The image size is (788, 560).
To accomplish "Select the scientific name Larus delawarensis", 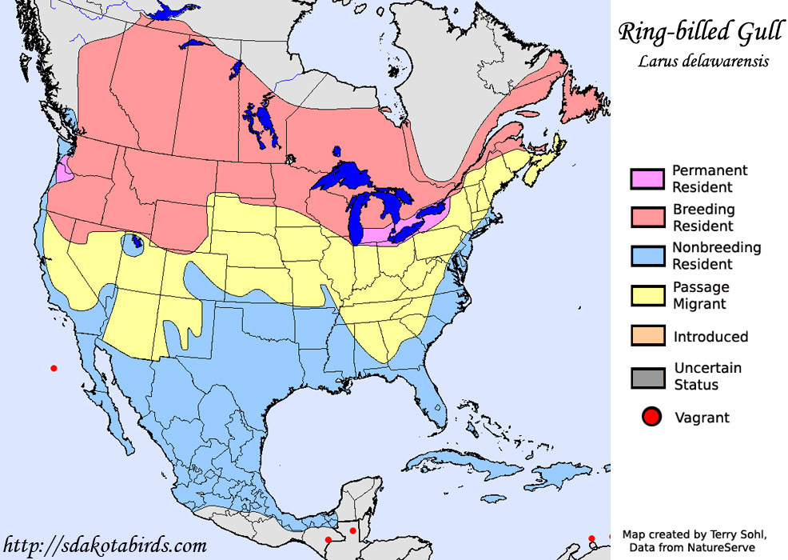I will pyautogui.click(x=692, y=62).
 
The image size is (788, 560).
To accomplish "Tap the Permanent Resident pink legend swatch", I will pyautogui.click(x=647, y=179).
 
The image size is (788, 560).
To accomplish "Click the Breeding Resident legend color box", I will pyautogui.click(x=647, y=218).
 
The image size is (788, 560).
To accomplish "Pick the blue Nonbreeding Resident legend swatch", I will pyautogui.click(x=647, y=256).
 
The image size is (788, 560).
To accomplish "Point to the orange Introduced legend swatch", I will pyautogui.click(x=647, y=337).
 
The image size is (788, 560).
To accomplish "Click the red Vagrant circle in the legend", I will pyautogui.click(x=651, y=417).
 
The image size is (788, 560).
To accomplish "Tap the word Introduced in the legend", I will pyautogui.click(x=710, y=337).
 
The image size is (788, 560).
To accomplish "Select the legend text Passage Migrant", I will pyautogui.click(x=700, y=295).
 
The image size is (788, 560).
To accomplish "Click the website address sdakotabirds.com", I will pyautogui.click(x=105, y=546).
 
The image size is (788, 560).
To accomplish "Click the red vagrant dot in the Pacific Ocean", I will pyautogui.click(x=54, y=368).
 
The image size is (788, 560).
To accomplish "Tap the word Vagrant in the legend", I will pyautogui.click(x=702, y=417).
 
